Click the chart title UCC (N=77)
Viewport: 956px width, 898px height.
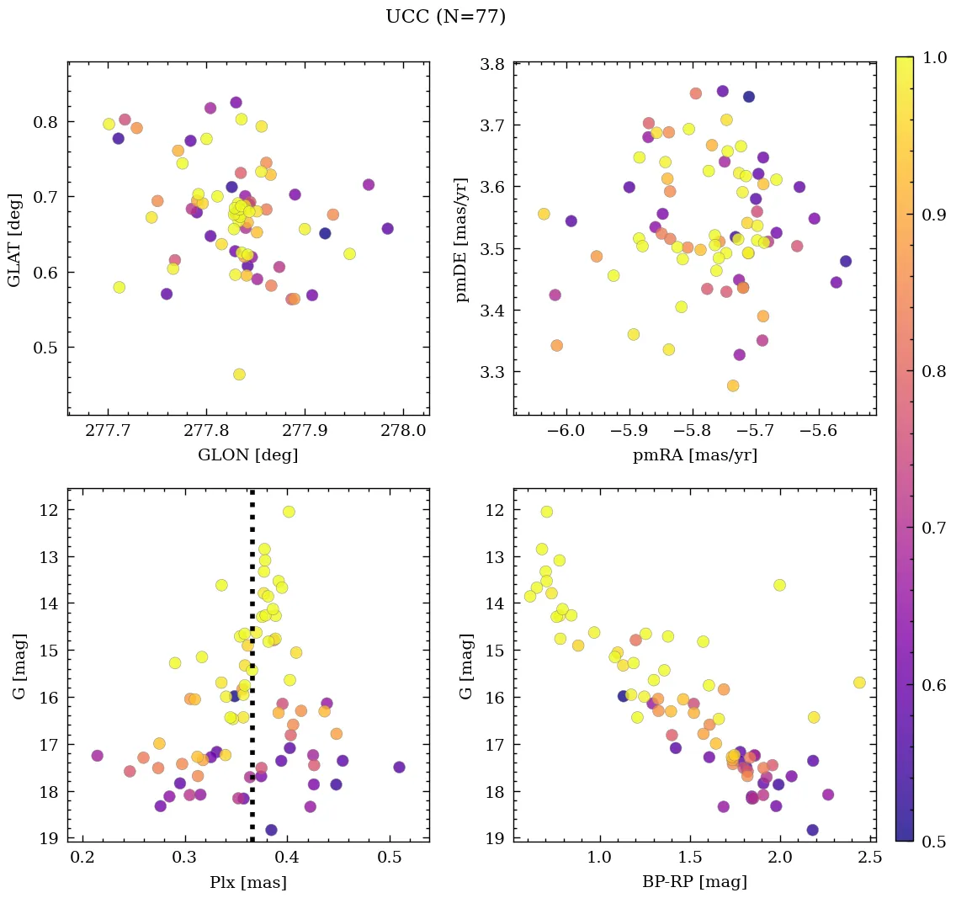click(445, 17)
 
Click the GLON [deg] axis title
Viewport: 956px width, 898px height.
click(247, 455)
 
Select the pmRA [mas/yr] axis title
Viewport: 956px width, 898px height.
click(694, 455)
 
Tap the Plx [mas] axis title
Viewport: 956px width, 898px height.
click(247, 882)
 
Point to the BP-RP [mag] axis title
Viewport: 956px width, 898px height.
click(694, 882)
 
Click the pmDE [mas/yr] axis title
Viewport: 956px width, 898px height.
click(462, 239)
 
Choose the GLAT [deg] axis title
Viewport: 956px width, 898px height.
click(14, 239)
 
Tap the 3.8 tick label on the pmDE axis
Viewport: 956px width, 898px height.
click(492, 64)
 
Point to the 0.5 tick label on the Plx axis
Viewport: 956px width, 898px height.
click(390, 859)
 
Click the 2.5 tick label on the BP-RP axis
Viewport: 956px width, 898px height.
click(870, 859)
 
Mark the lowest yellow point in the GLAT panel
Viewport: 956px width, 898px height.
click(239, 375)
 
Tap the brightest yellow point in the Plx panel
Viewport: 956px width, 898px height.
click(289, 512)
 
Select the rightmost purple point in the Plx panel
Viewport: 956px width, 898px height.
click(399, 768)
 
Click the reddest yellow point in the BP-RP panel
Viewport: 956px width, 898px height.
click(859, 683)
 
